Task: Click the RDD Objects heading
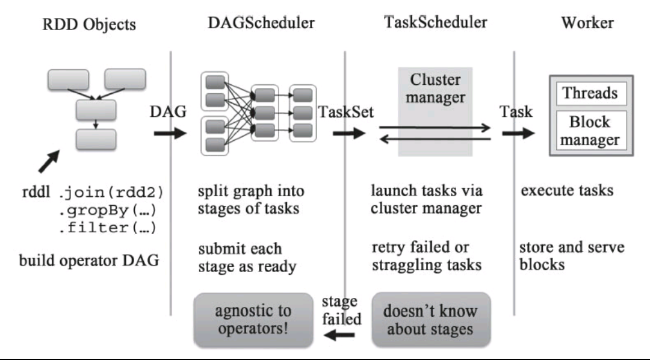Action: (89, 24)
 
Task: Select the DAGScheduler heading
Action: (261, 22)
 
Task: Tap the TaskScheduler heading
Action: (436, 22)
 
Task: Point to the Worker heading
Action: (587, 22)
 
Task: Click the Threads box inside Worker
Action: (591, 93)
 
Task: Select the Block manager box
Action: (591, 130)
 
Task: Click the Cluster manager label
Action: (435, 88)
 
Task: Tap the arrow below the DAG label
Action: (170, 133)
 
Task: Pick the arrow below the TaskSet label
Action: (349, 133)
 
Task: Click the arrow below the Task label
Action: (518, 133)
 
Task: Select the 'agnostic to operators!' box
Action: (253, 320)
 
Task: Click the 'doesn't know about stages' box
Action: (431, 320)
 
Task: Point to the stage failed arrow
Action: (339, 334)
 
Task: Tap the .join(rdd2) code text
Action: (111, 193)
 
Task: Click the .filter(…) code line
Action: (107, 228)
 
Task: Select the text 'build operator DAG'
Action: (89, 261)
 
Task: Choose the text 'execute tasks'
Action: (567, 190)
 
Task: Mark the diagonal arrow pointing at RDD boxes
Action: (49, 161)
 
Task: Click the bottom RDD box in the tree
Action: (96, 139)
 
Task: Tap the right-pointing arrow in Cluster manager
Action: (435, 128)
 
